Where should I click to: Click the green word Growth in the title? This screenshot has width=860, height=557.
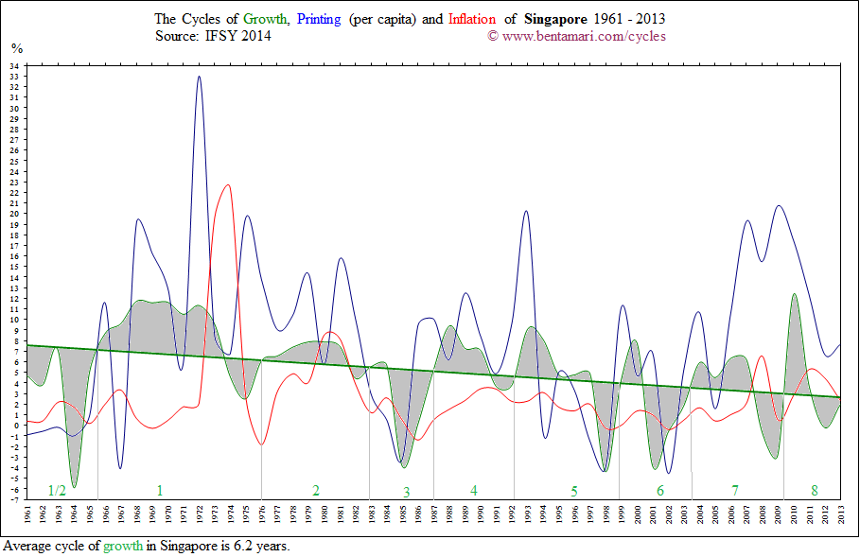coord(266,19)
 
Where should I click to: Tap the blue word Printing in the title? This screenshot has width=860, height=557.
coord(321,19)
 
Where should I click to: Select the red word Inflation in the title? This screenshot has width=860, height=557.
coord(472,19)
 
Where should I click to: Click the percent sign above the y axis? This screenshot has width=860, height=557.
coord(17,48)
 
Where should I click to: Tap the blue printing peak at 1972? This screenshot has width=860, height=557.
coord(199,78)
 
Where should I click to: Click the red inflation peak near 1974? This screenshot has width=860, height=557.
coord(226,185)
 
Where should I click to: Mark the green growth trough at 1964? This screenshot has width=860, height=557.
coord(74,486)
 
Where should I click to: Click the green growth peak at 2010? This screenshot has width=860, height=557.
coord(794,294)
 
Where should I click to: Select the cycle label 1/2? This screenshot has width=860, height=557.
coord(57,490)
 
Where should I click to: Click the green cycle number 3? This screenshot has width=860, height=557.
coord(406,492)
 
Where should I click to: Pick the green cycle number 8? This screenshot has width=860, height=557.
coord(814,490)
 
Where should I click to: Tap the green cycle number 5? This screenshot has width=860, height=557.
coord(573,491)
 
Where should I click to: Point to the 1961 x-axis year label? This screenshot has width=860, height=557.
coord(28,517)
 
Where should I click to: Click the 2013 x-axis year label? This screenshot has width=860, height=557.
coord(841,517)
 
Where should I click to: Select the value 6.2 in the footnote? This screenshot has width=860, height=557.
coord(235,547)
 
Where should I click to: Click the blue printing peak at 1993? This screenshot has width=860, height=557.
coord(525,212)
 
